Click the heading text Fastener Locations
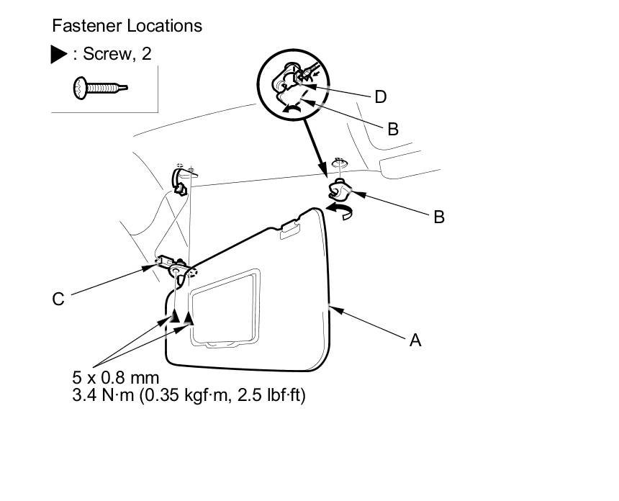click(x=127, y=27)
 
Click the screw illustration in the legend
click(x=100, y=88)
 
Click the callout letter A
click(x=415, y=340)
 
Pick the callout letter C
click(x=58, y=299)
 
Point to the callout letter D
click(x=380, y=96)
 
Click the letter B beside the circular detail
click(x=392, y=130)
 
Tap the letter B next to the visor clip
click(x=438, y=216)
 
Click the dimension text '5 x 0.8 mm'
click(x=115, y=378)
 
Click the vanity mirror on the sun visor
click(x=223, y=305)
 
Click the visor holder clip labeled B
click(x=338, y=191)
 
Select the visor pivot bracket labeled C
click(x=176, y=266)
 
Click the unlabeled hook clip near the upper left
click(x=180, y=179)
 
